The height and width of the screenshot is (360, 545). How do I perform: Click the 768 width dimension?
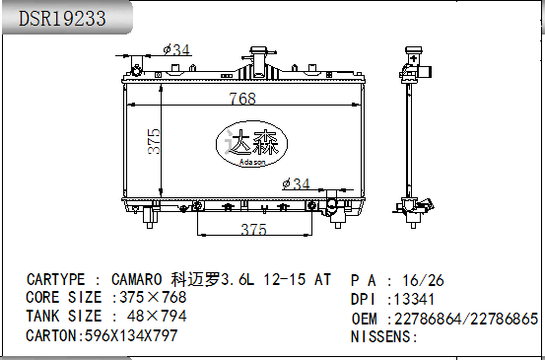click(x=242, y=99)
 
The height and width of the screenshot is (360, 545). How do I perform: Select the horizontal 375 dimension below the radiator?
click(x=254, y=229)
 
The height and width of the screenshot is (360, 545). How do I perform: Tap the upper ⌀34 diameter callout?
click(x=176, y=49)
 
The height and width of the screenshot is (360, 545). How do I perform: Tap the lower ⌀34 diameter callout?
click(x=296, y=184)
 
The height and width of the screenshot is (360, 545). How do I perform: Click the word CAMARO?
click(x=137, y=279)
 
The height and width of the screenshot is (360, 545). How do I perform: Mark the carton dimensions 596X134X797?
click(x=128, y=335)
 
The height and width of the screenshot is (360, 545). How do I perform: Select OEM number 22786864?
click(x=428, y=319)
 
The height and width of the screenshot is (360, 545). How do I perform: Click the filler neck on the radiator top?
click(x=261, y=55)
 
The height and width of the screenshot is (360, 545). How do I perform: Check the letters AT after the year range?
click(x=322, y=279)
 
